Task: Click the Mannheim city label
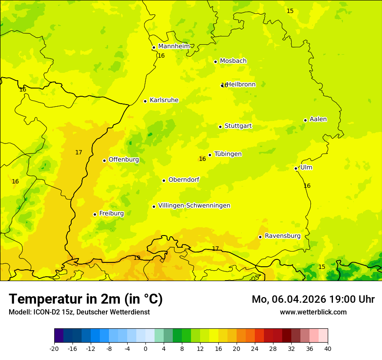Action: point(174,46)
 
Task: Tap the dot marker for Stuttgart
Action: point(220,127)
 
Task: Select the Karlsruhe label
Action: point(164,100)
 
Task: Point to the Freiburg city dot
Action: point(95,214)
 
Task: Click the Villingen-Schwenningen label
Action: point(194,206)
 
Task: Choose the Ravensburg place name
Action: point(282,236)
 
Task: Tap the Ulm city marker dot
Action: point(296,168)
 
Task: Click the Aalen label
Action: point(318,119)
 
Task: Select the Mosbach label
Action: point(233,61)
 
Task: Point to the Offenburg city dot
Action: point(104,160)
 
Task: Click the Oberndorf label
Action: point(184,180)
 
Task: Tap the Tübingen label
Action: point(228,154)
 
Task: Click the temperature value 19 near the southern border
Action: point(137,258)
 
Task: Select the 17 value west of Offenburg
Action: point(79,153)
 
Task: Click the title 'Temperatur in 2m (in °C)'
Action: point(86,299)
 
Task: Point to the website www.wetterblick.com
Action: point(313,312)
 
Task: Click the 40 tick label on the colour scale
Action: point(328,349)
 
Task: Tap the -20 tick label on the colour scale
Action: point(54,349)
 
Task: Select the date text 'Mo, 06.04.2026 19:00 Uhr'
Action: point(313,299)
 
